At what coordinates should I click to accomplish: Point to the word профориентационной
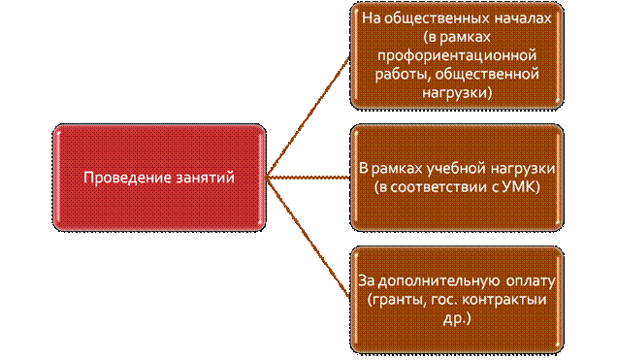[457, 55]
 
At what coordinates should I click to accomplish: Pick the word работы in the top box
[403, 75]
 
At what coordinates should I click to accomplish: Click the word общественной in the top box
[487, 74]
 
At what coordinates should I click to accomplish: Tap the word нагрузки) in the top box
[457, 93]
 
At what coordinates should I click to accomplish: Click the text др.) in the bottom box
[457, 319]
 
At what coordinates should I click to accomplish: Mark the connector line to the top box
[308, 117]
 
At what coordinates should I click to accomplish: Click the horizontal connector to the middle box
[308, 178]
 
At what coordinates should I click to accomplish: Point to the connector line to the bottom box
[308, 238]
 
